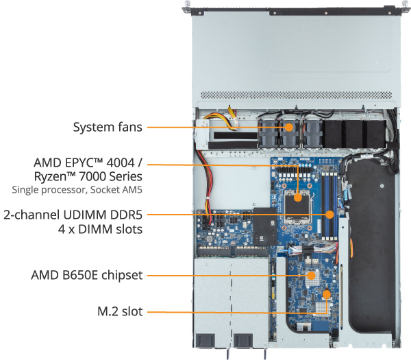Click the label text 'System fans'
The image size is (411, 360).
click(108, 127)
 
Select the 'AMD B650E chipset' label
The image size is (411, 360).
click(87, 276)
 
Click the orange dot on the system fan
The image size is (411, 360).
click(289, 127)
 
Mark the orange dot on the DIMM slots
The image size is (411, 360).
click(330, 214)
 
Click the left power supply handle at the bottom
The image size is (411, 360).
click(208, 340)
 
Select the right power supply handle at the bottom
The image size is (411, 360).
click(244, 340)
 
